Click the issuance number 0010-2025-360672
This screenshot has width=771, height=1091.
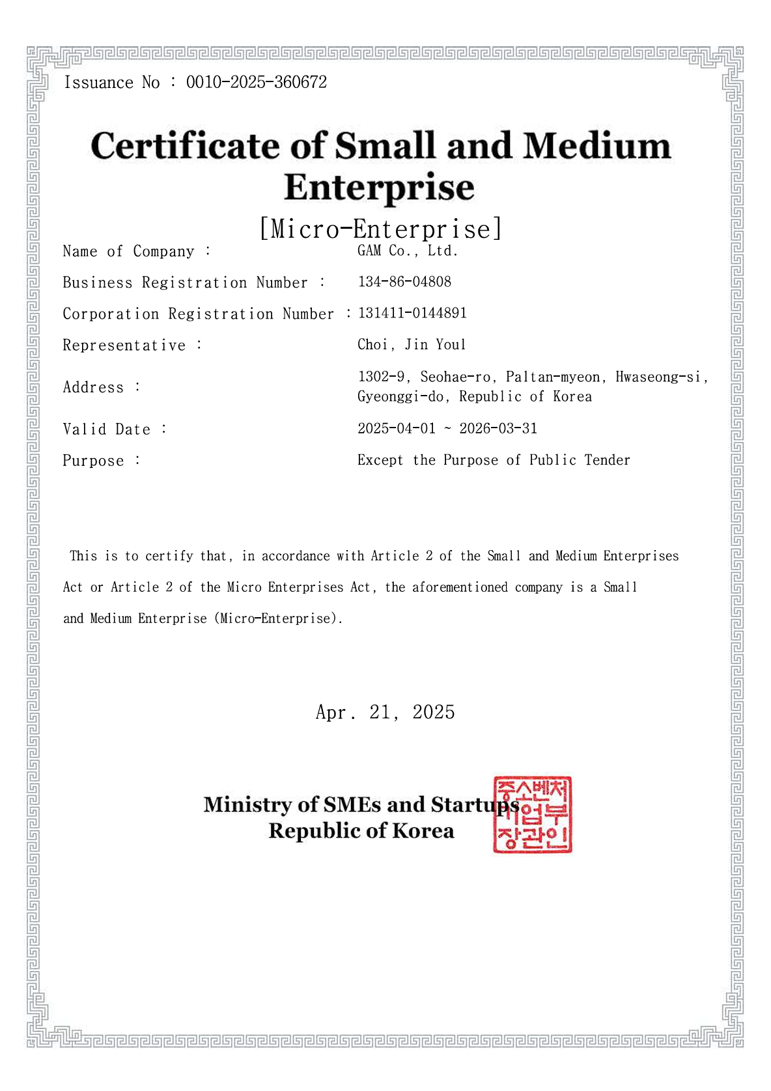click(256, 83)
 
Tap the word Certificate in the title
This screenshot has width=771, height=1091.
click(186, 146)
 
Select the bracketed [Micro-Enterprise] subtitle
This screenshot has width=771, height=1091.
click(381, 229)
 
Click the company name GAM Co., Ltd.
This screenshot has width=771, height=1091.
click(408, 251)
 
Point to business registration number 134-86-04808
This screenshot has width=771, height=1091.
click(404, 282)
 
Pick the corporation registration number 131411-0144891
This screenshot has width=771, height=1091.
click(412, 313)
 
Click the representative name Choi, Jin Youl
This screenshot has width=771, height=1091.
click(412, 345)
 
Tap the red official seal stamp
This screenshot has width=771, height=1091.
click(533, 815)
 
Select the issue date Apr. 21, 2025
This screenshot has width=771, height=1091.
click(385, 712)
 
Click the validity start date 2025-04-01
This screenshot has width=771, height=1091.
click(397, 429)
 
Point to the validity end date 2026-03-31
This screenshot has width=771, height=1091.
click(498, 429)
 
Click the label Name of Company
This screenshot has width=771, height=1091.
click(129, 252)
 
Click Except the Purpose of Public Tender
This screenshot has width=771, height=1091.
click(494, 460)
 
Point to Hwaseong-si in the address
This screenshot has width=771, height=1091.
click(658, 377)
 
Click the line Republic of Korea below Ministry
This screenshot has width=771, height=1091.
click(361, 832)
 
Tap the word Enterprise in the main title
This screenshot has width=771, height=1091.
click(379, 188)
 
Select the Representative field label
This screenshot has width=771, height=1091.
click(124, 345)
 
